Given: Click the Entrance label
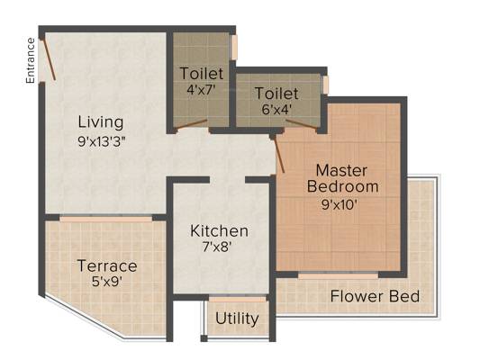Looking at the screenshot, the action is point(30,60).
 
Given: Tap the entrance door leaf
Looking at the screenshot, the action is point(49,60).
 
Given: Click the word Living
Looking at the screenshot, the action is point(101,122).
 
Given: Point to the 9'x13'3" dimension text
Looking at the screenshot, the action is point(102,142).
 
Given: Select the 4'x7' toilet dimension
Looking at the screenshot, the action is point(202,90).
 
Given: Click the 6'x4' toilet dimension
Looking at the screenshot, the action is point(276,109).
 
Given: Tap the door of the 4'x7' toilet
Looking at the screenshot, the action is point(192,125).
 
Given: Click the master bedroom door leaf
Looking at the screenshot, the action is point(279,155).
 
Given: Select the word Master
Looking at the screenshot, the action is point(341,171).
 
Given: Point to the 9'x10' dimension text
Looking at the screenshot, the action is point(340,204).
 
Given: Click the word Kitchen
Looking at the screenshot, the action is point(219,231).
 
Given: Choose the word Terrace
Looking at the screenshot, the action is point(107,265).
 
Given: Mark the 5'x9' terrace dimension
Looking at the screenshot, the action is point(107,282).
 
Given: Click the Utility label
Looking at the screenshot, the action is point(237,319).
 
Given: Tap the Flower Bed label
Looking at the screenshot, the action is point(375,297).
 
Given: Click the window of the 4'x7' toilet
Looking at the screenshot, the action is point(234,48).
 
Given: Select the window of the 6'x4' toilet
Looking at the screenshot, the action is point(326,85).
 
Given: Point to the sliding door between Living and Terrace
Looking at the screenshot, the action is point(106,219).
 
